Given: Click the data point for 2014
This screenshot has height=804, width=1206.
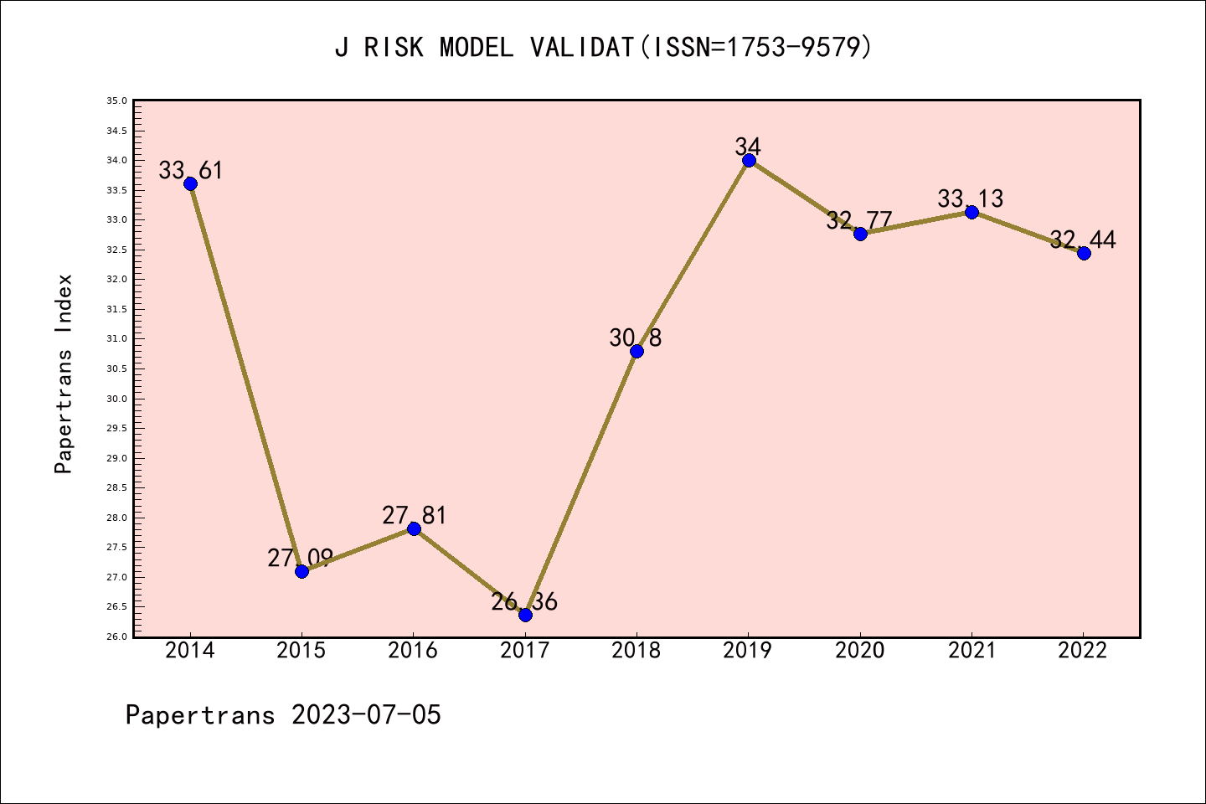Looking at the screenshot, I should [x=190, y=184].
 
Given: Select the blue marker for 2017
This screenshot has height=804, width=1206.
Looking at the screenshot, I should [x=525, y=615].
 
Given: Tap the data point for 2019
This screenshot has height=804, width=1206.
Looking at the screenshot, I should [x=749, y=161].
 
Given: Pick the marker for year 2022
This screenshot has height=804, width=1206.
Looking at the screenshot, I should [x=1084, y=253].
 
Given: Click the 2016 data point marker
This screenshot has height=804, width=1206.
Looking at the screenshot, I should [x=414, y=528].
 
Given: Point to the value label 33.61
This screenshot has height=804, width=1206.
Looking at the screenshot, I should [x=191, y=171].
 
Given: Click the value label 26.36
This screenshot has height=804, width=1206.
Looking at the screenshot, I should [x=524, y=602].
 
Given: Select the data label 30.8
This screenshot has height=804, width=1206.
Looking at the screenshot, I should [x=636, y=338].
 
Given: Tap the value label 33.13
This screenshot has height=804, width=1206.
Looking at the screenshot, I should [x=971, y=199].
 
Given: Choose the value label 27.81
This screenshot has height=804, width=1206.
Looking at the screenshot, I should [x=415, y=516].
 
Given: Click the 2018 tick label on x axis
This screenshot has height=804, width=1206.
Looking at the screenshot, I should [x=636, y=651].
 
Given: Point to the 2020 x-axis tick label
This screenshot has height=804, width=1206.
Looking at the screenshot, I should [x=860, y=651].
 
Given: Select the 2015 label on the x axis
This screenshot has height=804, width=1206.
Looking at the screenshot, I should [x=301, y=651].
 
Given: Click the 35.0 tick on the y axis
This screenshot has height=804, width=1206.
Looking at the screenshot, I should [x=116, y=101].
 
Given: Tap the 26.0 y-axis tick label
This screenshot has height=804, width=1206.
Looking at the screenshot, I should [x=116, y=637].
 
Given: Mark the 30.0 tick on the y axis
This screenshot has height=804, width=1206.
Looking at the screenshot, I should [x=116, y=399].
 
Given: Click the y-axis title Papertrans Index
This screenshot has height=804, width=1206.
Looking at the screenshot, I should [x=64, y=374].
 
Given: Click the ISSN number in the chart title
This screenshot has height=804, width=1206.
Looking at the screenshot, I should [x=791, y=48].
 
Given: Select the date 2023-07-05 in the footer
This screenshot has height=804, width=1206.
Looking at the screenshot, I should [x=366, y=715].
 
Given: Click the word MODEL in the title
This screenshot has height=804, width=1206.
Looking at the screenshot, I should [x=477, y=48].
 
